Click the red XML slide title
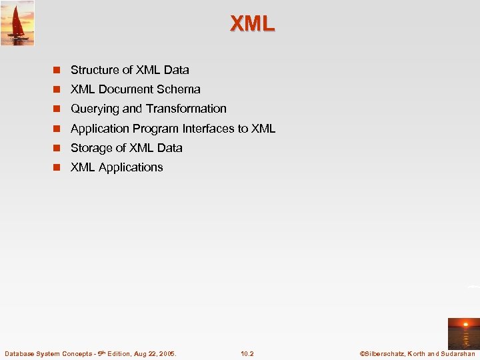pyautogui.click(x=252, y=24)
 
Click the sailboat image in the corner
pyautogui.click(x=17, y=23)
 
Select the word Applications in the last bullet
pyautogui.click(x=131, y=167)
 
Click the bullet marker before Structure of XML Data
pyautogui.click(x=58, y=70)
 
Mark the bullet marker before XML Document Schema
pyautogui.click(x=58, y=89)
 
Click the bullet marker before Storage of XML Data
pyautogui.click(x=58, y=148)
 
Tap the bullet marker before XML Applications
pyautogui.click(x=58, y=167)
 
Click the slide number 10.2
pyautogui.click(x=247, y=353)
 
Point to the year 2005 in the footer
pyautogui.click(x=167, y=353)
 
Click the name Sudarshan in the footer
pyautogui.click(x=457, y=353)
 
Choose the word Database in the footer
pyautogui.click(x=19, y=353)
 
